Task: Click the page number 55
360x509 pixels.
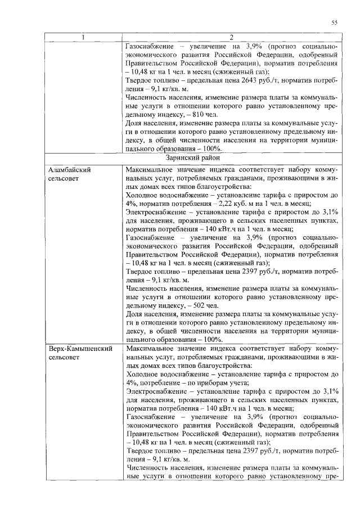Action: (x=334, y=22)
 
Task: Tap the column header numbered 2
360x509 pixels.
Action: (x=231, y=38)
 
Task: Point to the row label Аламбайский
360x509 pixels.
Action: (x=70, y=169)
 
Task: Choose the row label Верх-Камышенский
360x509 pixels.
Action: (x=80, y=349)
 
